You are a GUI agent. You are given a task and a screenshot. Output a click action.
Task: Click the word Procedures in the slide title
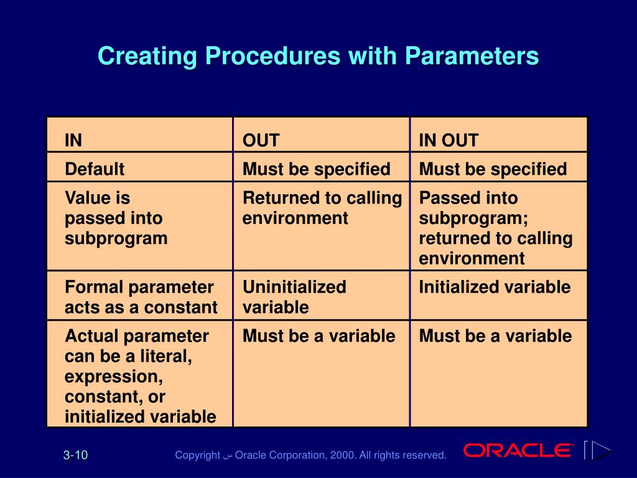(x=272, y=55)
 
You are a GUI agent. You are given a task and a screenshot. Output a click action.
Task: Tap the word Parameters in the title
(x=472, y=55)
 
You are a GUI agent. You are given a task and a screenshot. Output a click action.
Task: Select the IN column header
(x=73, y=140)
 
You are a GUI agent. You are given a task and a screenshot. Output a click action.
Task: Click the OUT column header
(x=261, y=140)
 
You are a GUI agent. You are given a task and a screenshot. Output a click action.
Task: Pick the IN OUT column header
(x=449, y=140)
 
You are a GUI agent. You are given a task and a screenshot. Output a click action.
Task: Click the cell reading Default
(x=95, y=169)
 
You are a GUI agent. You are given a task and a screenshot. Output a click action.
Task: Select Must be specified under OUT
(x=317, y=169)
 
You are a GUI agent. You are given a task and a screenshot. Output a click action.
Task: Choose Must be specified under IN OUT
(x=493, y=169)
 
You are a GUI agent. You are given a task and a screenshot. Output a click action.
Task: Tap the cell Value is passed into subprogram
(x=116, y=218)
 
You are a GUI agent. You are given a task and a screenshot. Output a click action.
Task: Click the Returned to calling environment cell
(x=322, y=208)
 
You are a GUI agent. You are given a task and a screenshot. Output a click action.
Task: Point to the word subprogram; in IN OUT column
(x=473, y=218)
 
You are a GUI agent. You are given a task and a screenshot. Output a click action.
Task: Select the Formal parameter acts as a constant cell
(x=141, y=297)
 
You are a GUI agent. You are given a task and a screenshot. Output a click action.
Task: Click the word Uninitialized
(x=294, y=287)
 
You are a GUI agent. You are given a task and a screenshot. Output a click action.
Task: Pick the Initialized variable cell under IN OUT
(x=495, y=287)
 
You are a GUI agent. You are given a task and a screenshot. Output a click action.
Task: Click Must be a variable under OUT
(x=319, y=336)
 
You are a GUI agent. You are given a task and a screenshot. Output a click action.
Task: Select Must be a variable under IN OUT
(x=495, y=336)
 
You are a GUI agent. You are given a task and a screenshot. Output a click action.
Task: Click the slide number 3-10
(x=75, y=455)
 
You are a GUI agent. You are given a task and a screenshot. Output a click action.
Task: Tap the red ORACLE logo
(x=518, y=451)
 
